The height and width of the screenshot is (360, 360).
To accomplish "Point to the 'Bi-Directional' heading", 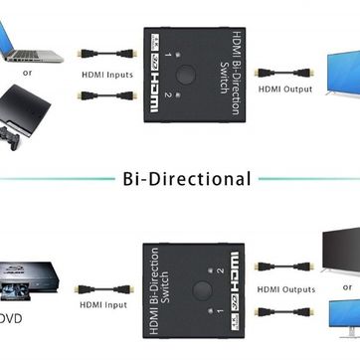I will pos(186,179).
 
